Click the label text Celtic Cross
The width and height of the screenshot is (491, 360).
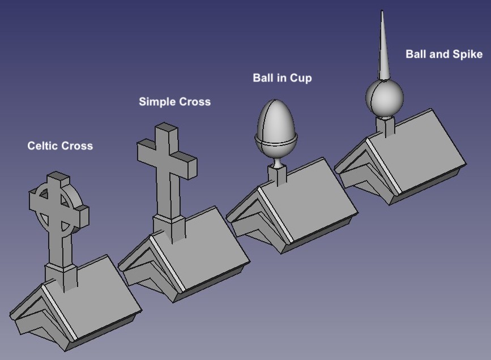tap(60, 146)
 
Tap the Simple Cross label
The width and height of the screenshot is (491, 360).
tap(174, 102)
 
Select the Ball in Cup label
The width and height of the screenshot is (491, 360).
tap(282, 78)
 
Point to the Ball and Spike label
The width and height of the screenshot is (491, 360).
tap(443, 54)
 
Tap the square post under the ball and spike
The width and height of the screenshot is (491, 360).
tap(386, 127)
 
